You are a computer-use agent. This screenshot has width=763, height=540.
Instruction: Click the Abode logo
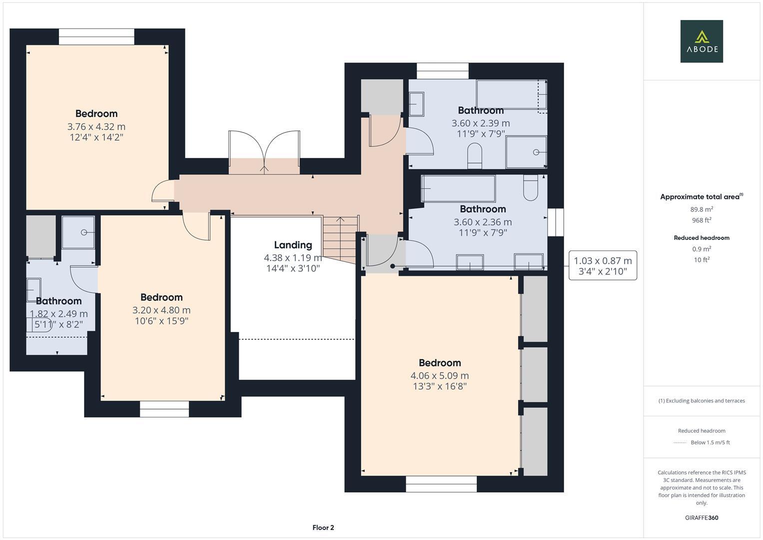tap(701, 41)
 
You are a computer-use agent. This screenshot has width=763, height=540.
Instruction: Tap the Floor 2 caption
tap(323, 527)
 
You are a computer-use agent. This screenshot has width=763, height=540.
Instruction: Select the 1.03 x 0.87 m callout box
tap(603, 265)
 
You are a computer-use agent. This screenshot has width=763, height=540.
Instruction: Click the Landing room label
tap(293, 245)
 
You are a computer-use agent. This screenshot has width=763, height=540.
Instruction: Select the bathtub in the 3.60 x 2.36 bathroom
tap(458, 188)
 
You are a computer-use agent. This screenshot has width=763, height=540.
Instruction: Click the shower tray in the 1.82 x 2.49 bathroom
tap(78, 232)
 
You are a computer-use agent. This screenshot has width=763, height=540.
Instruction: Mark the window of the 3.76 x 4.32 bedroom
tap(96, 36)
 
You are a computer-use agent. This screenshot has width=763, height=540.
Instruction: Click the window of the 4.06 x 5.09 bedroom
tap(441, 483)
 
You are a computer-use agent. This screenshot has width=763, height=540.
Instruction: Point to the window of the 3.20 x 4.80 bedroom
tap(164, 408)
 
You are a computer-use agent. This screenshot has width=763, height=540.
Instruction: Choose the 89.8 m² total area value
tap(702, 209)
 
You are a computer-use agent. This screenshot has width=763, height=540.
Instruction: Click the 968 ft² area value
tap(702, 220)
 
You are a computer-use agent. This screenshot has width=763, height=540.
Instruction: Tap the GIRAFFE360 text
tap(702, 518)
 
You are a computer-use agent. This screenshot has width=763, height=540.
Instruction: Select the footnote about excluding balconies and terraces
tap(702, 400)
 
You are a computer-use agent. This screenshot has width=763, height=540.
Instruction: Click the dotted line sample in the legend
tap(680, 442)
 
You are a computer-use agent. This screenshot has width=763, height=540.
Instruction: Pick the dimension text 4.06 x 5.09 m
tap(440, 375)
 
